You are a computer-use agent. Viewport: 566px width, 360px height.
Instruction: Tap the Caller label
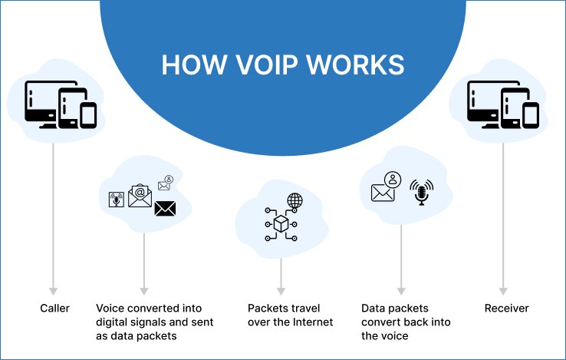point(54,309)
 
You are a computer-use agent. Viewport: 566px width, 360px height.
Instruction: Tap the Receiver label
point(507,309)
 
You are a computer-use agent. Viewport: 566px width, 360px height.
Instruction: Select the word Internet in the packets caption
point(311,322)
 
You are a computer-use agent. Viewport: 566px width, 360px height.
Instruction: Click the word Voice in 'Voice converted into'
point(111,309)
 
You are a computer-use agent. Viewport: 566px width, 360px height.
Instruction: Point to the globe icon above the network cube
point(295,201)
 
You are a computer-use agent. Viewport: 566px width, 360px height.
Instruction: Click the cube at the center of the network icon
point(281,223)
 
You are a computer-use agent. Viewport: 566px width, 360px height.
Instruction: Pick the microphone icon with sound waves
point(421,192)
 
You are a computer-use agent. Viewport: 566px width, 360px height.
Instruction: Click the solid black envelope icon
point(165,208)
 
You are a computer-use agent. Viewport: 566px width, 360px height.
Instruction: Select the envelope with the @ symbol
point(140,197)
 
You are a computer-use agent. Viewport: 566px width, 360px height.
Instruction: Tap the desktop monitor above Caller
point(43,101)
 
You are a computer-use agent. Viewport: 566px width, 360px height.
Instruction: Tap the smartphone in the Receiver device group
point(531,115)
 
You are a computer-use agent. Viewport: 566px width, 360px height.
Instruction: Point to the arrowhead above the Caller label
point(53,291)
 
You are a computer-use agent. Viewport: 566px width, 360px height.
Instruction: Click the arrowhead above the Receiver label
point(503,291)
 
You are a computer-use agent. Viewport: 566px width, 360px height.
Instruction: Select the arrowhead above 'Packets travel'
point(281,291)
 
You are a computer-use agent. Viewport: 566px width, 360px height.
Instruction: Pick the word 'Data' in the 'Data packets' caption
point(373,309)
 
